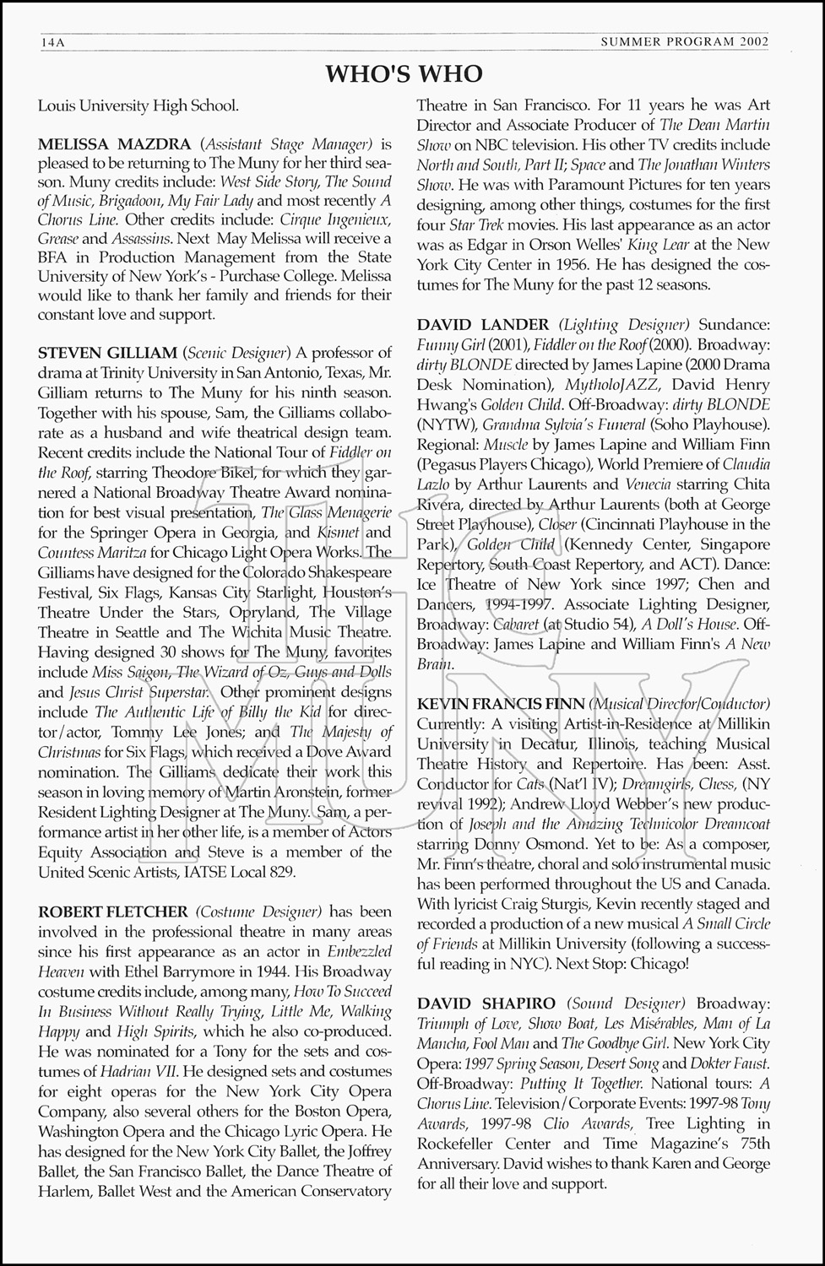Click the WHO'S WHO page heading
[404, 75]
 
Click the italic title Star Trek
[477, 225]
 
